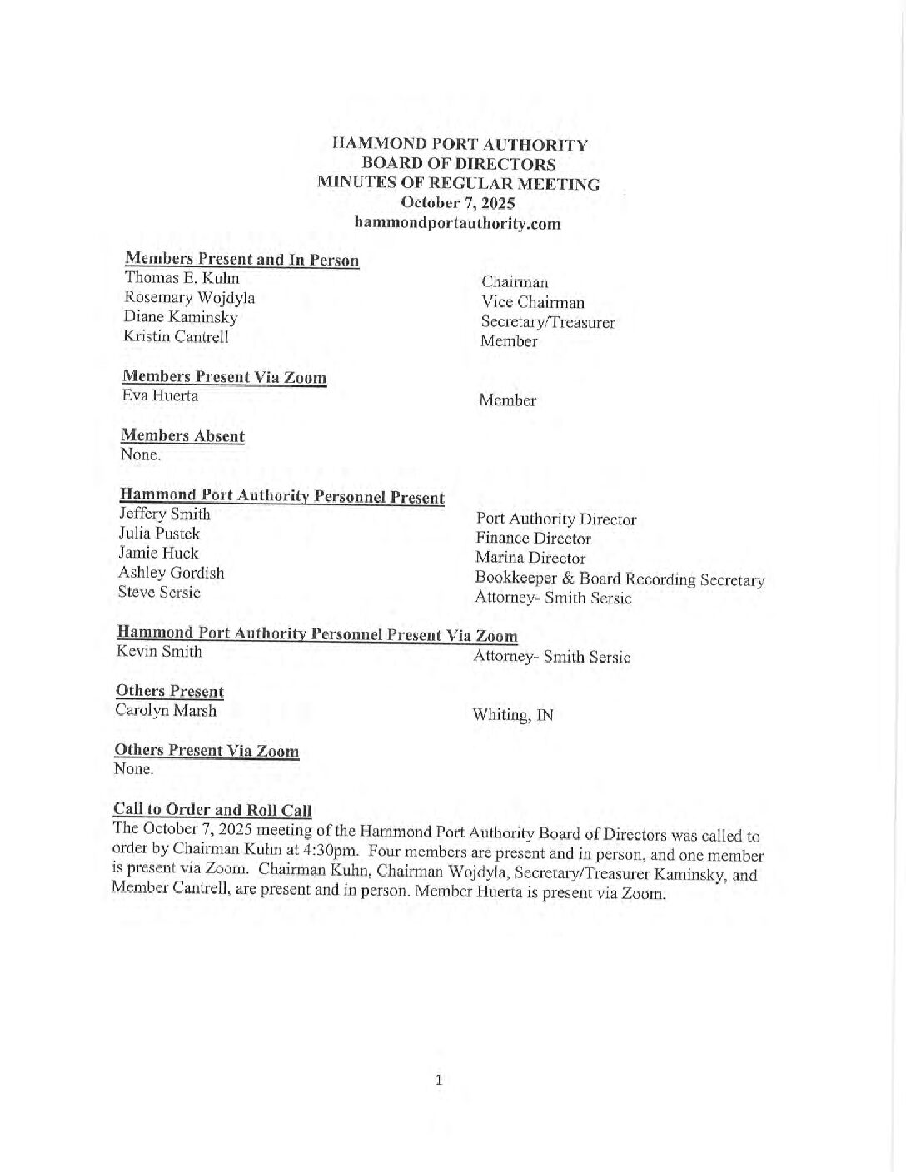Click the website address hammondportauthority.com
(457, 223)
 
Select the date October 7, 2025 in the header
(457, 203)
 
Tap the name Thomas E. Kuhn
(182, 278)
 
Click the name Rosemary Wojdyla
(189, 297)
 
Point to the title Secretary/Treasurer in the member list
(547, 322)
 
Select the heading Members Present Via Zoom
(224, 377)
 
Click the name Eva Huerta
(160, 395)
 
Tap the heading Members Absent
(182, 436)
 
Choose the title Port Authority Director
(555, 519)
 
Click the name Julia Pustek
(159, 534)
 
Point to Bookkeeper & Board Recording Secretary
(619, 579)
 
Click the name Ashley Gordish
(171, 573)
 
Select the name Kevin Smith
(158, 652)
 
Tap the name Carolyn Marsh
(166, 711)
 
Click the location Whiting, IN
(512, 715)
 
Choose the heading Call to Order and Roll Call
(212, 810)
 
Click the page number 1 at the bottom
(439, 1081)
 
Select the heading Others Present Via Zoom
(206, 751)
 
